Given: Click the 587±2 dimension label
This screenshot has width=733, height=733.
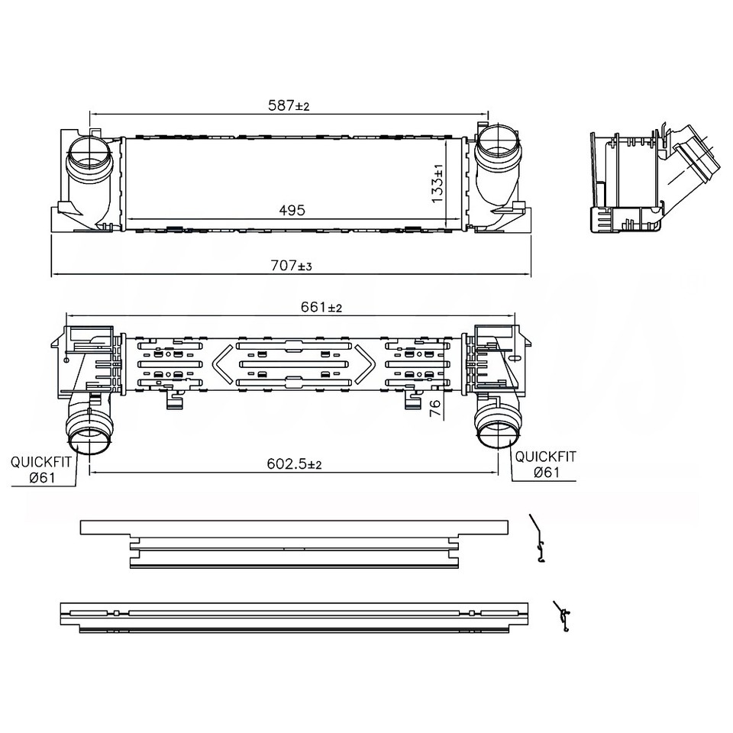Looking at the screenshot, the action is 289,105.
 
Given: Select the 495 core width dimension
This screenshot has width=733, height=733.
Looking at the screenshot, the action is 292,211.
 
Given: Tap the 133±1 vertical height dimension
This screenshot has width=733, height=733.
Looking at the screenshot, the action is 438,183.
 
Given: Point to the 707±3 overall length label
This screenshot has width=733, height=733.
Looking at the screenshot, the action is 291,266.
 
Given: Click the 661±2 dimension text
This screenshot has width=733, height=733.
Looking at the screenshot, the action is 321,307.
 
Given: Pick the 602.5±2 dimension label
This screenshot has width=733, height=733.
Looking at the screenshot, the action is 294,463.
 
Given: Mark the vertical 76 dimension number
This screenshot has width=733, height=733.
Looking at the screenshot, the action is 434,408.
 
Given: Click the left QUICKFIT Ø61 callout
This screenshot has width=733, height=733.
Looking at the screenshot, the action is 41,470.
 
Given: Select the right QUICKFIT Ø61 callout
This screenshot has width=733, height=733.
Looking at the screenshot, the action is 545,464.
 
